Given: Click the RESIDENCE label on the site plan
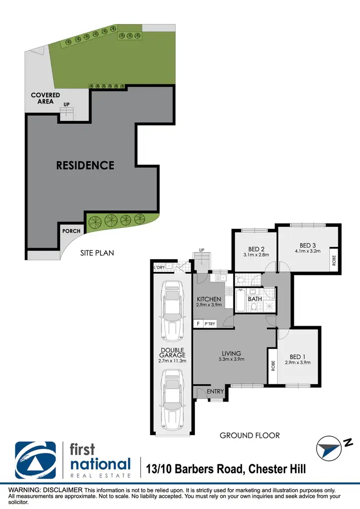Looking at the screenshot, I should [x=85, y=166].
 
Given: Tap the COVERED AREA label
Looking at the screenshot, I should [x=46, y=98].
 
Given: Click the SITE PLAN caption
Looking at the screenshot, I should [x=97, y=252].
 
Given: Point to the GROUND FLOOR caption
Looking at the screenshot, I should [x=250, y=436].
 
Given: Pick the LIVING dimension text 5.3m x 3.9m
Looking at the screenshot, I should [x=232, y=359].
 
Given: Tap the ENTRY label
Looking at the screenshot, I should [x=216, y=391].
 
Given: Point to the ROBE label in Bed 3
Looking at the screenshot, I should [x=334, y=260].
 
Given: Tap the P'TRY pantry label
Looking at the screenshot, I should [x=210, y=324].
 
